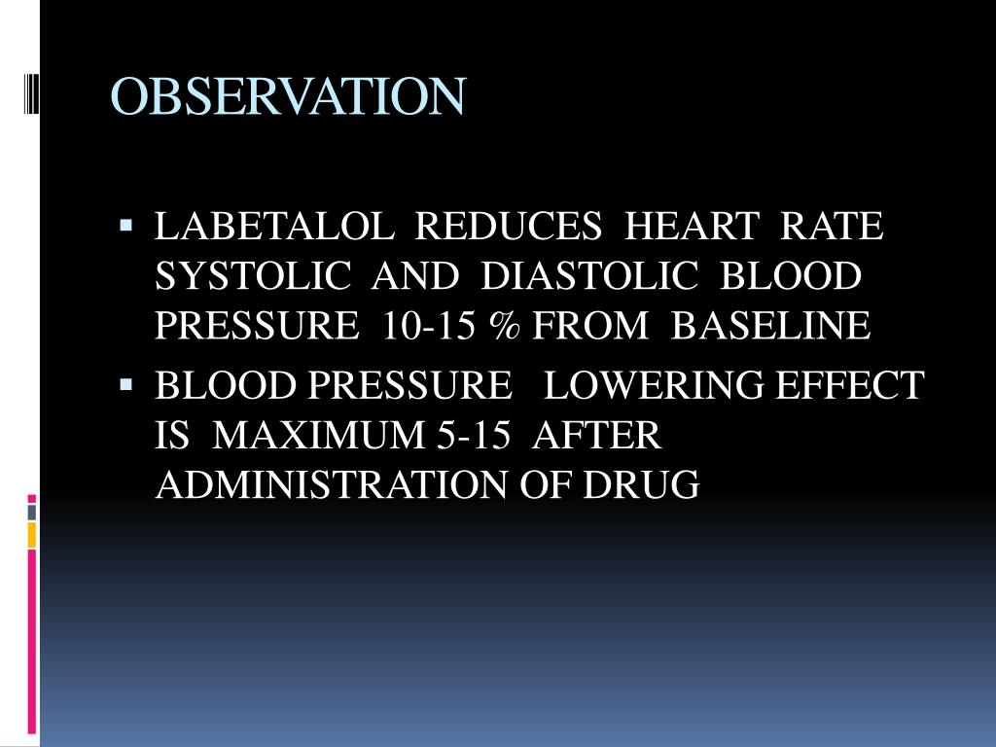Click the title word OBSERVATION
click(287, 96)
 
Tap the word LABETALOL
click(274, 228)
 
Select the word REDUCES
click(509, 228)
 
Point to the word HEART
click(691, 228)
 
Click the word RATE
click(833, 228)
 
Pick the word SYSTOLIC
click(253, 277)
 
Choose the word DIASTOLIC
click(589, 277)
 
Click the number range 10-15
click(428, 327)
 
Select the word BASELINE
click(770, 327)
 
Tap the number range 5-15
click(474, 436)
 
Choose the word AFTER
click(597, 436)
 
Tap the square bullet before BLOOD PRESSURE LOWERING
click(125, 385)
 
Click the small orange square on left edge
click(32, 535)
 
